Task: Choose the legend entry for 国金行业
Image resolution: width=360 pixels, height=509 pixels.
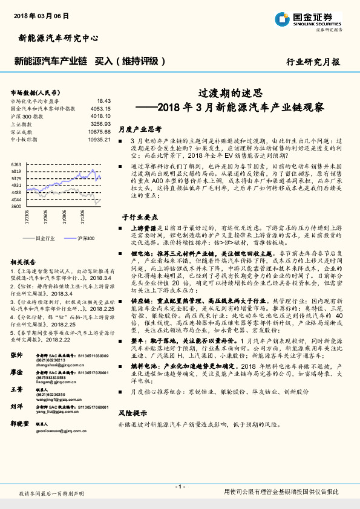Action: (x=45, y=239)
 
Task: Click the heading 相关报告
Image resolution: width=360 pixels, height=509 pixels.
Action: (x=24, y=262)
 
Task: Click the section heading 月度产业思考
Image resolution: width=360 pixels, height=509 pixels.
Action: (x=140, y=129)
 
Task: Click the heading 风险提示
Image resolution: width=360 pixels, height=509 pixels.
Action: (x=133, y=413)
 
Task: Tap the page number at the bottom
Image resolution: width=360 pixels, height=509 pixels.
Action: (x=180, y=486)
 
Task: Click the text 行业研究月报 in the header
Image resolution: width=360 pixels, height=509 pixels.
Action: (x=313, y=62)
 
